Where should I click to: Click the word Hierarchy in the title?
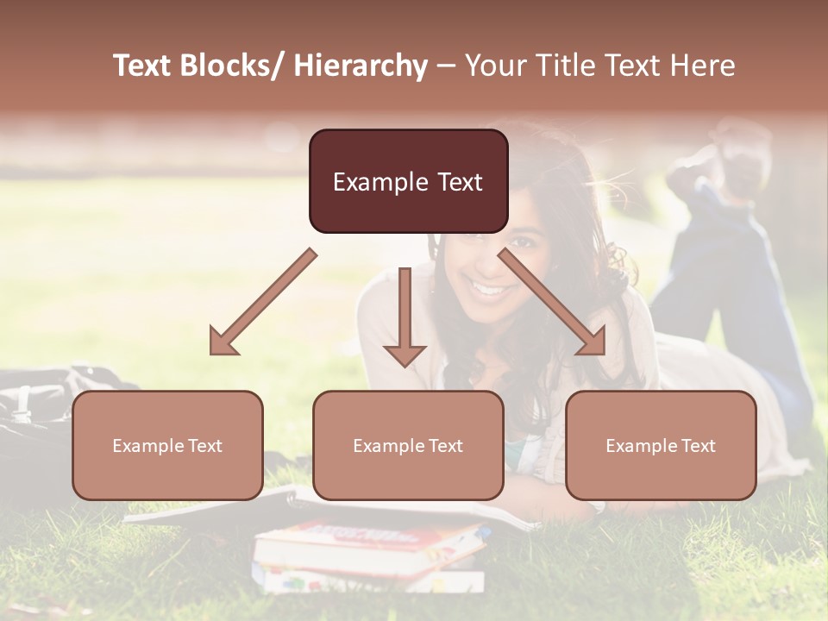click(361, 66)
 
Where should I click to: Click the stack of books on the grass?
click(371, 552)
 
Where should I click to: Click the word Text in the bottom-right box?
click(697, 446)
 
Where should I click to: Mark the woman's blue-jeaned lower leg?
click(724, 259)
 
